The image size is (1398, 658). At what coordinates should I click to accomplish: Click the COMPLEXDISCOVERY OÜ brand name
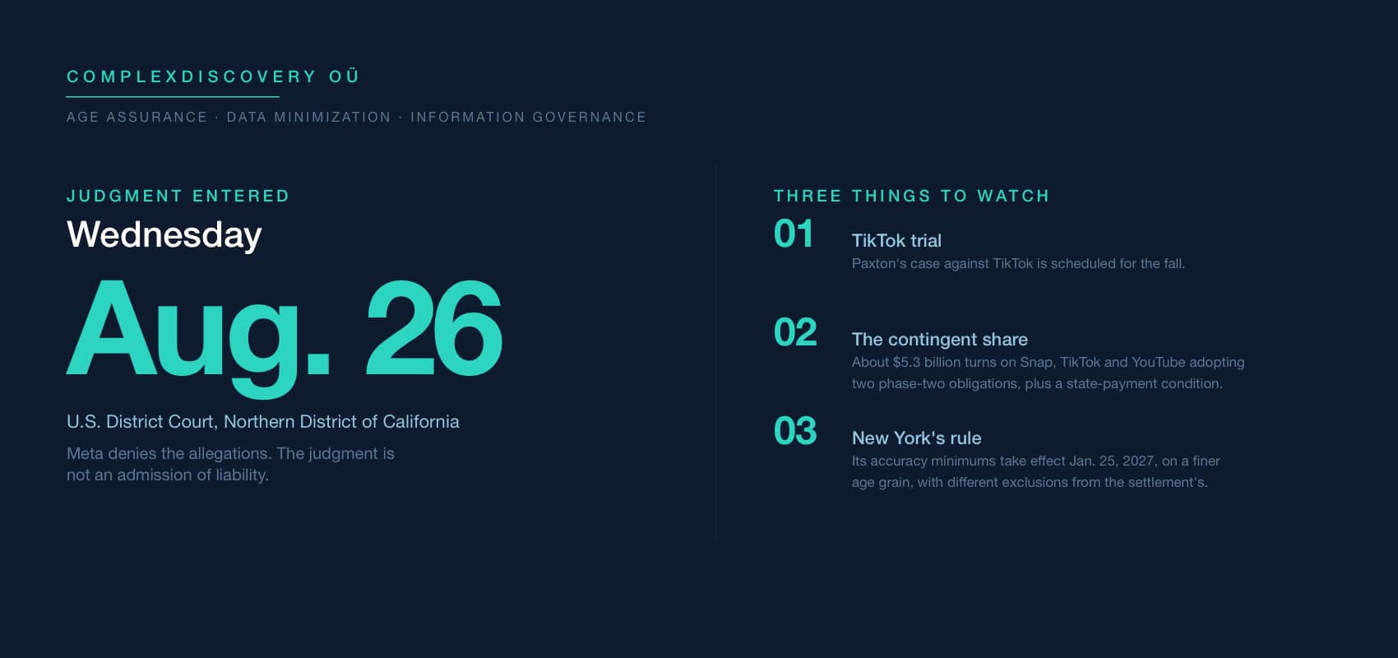pos(213,76)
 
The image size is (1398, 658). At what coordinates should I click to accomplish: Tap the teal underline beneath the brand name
pos(173,97)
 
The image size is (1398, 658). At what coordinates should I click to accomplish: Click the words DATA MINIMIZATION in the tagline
pos(308,117)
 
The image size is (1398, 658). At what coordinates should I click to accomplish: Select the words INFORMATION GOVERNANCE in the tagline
pos(528,117)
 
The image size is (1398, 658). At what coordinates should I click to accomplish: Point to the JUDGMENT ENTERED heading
pos(178,196)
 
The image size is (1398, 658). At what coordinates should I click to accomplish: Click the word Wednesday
pos(164,234)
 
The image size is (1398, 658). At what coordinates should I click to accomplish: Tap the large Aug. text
pos(198,336)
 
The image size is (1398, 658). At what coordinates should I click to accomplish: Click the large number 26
pos(433,327)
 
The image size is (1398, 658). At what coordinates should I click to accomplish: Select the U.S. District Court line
pos(263,421)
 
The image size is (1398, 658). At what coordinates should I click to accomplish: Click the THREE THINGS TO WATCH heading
pos(912,196)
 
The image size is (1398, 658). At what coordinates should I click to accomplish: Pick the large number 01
pos(794,234)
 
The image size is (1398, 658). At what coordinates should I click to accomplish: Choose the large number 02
pos(795,332)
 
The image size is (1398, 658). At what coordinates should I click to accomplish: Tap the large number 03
pos(795,431)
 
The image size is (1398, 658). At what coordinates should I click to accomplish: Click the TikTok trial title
pos(896,240)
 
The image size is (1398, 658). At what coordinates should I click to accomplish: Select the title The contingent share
pos(940,339)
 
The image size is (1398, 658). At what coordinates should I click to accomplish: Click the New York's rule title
pos(916,438)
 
